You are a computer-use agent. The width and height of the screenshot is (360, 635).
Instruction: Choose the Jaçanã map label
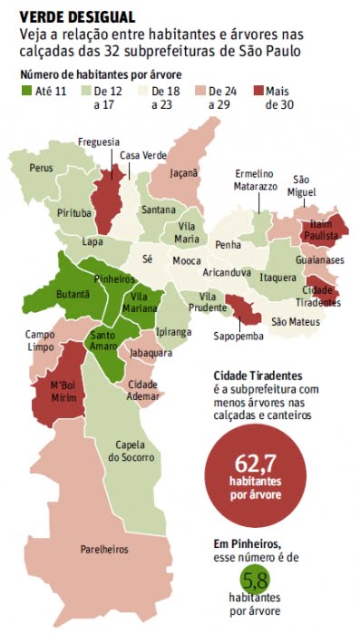pos(184,171)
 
